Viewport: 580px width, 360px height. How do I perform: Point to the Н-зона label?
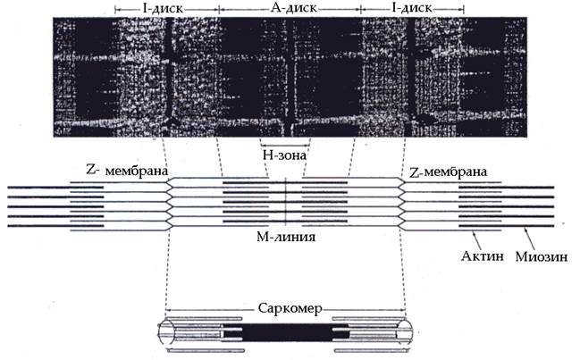[284, 155]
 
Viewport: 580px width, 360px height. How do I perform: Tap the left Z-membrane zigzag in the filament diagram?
[169, 202]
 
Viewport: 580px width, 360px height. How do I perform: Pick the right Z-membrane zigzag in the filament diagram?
[402, 202]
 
